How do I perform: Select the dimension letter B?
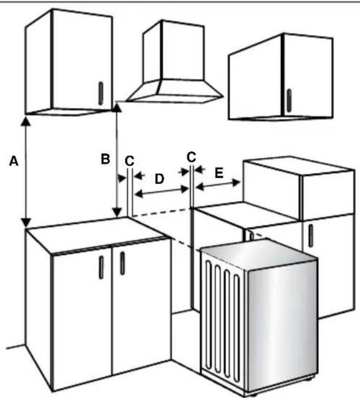106,158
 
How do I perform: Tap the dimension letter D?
160,179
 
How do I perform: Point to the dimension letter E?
219,173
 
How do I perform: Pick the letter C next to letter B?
128,160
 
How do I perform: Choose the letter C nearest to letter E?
192,157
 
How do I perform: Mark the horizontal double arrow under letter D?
161,192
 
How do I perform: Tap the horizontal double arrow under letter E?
218,186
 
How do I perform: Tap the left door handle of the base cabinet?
101,267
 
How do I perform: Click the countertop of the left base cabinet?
94,232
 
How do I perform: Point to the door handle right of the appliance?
311,235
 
